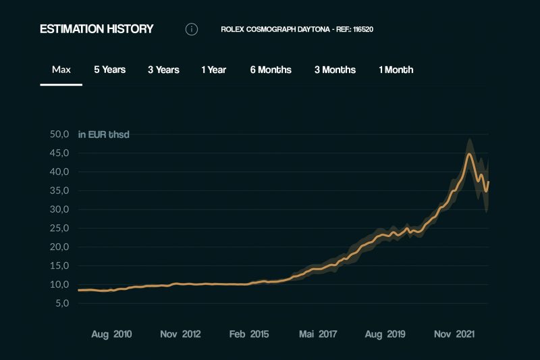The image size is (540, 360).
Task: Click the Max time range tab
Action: [x=61, y=70]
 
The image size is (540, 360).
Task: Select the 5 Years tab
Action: [x=109, y=70]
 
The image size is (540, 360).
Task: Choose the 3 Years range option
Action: [x=163, y=70]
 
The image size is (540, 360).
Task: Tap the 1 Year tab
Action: [x=213, y=70]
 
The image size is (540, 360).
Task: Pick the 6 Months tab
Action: [x=271, y=70]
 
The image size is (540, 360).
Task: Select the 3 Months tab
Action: [x=335, y=70]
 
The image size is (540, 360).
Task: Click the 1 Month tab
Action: [x=396, y=70]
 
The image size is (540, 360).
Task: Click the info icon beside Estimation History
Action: [x=192, y=29]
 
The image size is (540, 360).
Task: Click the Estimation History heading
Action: [x=97, y=29]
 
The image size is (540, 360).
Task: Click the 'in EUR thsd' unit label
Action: [x=103, y=134]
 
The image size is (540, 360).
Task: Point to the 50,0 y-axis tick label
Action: [x=60, y=134]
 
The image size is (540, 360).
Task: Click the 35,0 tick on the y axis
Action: [x=60, y=190]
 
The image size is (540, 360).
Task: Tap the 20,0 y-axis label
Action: [x=60, y=247]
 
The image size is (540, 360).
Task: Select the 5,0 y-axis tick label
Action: [x=63, y=303]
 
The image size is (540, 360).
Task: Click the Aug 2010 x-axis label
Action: [x=112, y=334]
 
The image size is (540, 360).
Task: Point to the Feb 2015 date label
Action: [x=250, y=334]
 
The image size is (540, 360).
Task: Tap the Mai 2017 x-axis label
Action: [x=318, y=334]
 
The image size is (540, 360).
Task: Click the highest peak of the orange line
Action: [x=469, y=155]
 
